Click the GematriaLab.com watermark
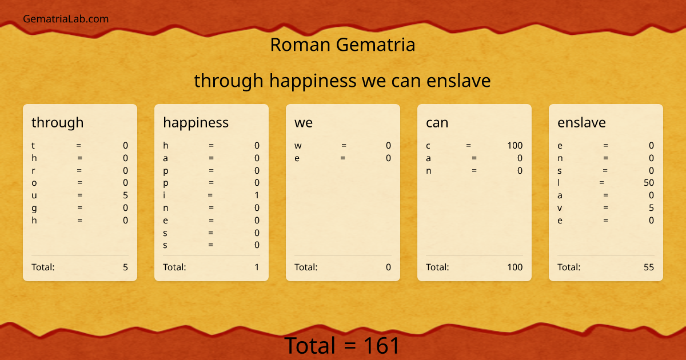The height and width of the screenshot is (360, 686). (x=66, y=19)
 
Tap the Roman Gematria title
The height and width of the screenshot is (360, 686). (x=342, y=45)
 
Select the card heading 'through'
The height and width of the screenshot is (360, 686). (x=57, y=122)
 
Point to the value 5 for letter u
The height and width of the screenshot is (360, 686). (x=125, y=195)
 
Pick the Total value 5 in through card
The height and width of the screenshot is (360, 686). (x=125, y=267)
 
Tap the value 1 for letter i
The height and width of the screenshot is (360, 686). (x=257, y=195)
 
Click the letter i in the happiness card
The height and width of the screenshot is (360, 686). (x=165, y=195)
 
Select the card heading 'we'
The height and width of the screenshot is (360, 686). (x=304, y=122)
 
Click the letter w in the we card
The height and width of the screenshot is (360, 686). (x=298, y=146)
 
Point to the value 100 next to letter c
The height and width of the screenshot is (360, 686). (x=514, y=146)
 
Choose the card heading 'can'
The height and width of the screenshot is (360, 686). (x=437, y=122)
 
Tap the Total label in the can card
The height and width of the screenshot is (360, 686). (x=437, y=267)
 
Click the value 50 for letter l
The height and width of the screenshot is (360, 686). (x=648, y=183)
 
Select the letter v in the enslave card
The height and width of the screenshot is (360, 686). (x=560, y=208)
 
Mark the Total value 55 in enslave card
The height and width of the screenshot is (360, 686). (x=648, y=267)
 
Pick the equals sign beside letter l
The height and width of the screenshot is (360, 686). (x=602, y=183)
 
